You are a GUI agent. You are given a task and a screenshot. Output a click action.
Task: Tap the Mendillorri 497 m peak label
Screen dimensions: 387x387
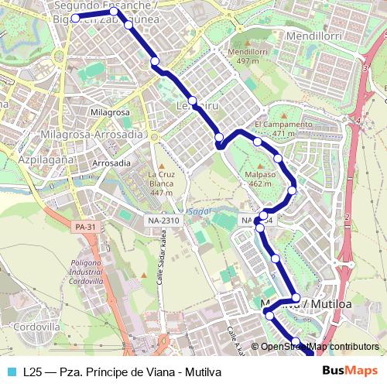(x=248, y=57)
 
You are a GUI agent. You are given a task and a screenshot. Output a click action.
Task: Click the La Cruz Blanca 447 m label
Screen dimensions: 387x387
(x=161, y=183)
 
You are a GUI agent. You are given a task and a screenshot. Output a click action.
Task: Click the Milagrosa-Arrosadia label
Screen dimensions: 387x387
(x=96, y=134)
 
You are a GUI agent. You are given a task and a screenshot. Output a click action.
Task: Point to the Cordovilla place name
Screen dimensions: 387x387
(x=36, y=327)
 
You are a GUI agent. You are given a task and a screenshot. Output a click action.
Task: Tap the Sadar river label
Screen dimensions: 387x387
(x=193, y=211)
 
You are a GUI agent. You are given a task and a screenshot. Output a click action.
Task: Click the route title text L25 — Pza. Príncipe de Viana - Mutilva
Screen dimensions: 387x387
(x=122, y=372)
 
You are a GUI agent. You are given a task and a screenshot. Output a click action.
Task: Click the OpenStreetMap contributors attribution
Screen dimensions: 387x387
(x=319, y=347)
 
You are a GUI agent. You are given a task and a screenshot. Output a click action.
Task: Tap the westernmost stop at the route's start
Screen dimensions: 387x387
(x=75, y=18)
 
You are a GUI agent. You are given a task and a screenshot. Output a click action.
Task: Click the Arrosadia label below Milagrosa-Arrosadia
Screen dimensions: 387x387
(x=111, y=163)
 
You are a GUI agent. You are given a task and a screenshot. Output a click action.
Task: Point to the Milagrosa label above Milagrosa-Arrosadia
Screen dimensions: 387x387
(x=109, y=112)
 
